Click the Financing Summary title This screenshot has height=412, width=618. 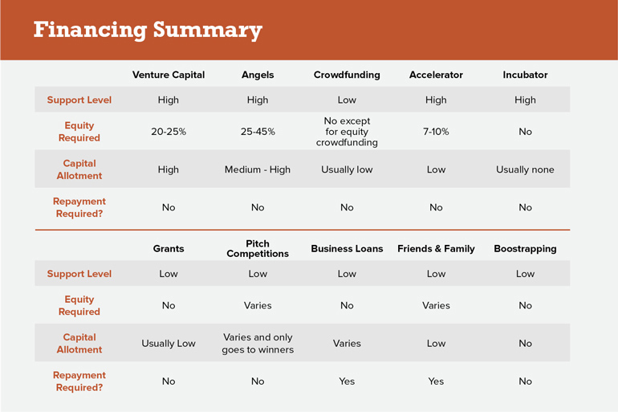point(148,31)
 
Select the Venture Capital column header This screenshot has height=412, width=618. point(169,75)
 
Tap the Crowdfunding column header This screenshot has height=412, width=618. point(347,75)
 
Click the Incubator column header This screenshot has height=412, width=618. point(525,75)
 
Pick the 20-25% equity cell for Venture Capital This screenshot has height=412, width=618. point(169,132)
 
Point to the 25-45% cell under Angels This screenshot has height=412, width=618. point(258,132)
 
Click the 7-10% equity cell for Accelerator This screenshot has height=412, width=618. point(436,132)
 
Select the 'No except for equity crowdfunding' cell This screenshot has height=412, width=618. point(347,132)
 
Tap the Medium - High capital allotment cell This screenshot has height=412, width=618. point(258,169)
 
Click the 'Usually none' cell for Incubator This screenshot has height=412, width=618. point(525,169)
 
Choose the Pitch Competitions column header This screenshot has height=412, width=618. point(258,248)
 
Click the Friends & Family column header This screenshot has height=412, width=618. point(436,249)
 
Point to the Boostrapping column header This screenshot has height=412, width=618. point(525,249)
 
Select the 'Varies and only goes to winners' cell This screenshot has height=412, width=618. point(258,344)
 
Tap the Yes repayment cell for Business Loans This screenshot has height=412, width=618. point(347,381)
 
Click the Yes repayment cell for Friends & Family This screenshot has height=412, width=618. point(436,381)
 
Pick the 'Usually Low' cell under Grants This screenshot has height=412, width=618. point(169,344)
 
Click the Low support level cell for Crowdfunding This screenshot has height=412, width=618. point(347,100)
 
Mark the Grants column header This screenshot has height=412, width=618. point(169,249)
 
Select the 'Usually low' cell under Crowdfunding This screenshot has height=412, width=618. point(347,169)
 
